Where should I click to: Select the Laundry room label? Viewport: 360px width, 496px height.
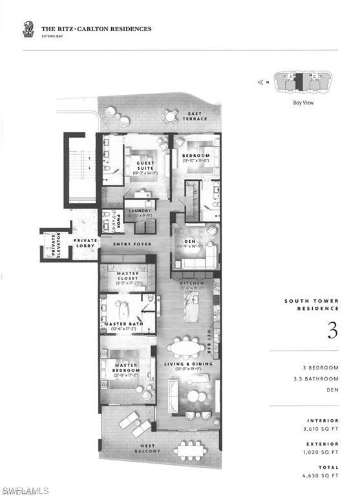(x=140, y=211)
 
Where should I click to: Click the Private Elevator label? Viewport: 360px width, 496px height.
(x=57, y=246)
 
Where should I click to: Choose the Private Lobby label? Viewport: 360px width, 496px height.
(x=85, y=243)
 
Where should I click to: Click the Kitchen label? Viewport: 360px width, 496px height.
(x=192, y=284)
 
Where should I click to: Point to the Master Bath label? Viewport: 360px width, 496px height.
(x=132, y=324)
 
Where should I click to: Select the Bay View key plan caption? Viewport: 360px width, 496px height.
(x=303, y=102)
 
